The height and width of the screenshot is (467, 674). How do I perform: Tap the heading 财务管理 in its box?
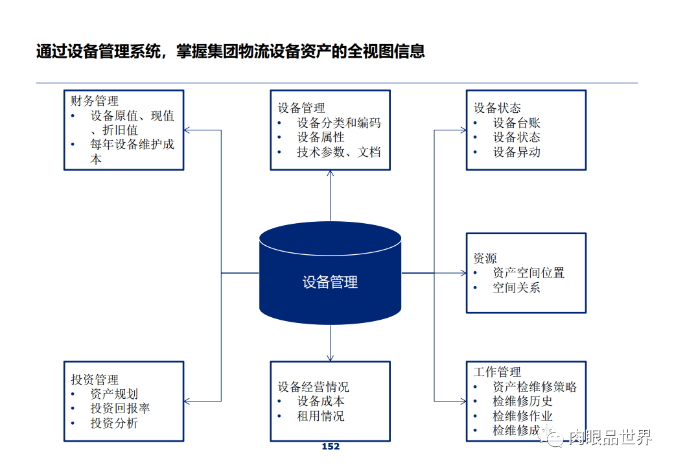pyautogui.click(x=95, y=101)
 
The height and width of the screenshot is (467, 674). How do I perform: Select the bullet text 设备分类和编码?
pyautogui.click(x=339, y=123)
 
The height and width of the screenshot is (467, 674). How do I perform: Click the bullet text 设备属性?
pyautogui.click(x=321, y=138)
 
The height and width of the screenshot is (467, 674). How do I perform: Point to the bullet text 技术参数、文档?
pyautogui.click(x=339, y=152)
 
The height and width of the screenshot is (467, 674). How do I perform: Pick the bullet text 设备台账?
pyautogui.click(x=517, y=123)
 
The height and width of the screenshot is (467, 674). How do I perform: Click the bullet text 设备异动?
pyautogui.click(x=517, y=152)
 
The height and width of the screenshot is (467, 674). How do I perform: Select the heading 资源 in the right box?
pyautogui.click(x=485, y=258)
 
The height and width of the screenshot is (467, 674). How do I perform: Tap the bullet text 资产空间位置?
pyautogui.click(x=528, y=273)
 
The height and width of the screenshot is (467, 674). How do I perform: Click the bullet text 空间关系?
pyautogui.click(x=517, y=288)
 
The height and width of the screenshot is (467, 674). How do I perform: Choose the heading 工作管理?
pyautogui.click(x=497, y=372)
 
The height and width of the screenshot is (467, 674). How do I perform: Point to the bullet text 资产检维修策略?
pyautogui.click(x=535, y=387)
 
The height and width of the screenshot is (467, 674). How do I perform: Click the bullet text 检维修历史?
pyautogui.click(x=522, y=401)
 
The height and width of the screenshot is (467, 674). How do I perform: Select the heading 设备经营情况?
pyautogui.click(x=313, y=387)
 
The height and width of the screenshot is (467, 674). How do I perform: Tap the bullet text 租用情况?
pyautogui.click(x=321, y=416)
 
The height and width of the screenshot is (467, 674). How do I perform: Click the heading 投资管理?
pyautogui.click(x=95, y=379)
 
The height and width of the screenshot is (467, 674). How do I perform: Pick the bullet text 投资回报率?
pyautogui.click(x=120, y=409)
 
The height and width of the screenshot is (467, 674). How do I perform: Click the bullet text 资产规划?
pyautogui.click(x=114, y=394)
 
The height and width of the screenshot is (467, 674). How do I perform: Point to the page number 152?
pyautogui.click(x=331, y=446)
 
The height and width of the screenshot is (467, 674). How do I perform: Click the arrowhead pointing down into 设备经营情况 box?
pyautogui.click(x=331, y=357)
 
